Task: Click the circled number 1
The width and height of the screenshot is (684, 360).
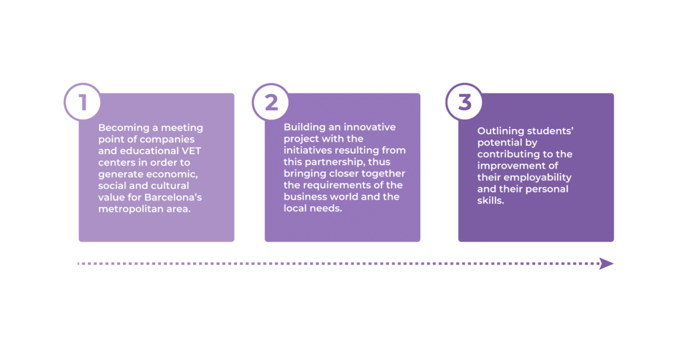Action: click(x=82, y=102)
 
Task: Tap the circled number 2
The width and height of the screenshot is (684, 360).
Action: click(x=271, y=102)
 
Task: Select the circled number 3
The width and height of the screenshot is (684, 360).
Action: click(x=465, y=102)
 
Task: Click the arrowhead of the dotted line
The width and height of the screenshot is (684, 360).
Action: click(x=607, y=264)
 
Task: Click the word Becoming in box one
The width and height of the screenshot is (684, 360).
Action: click(x=123, y=128)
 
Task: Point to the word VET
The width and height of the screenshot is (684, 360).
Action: click(x=191, y=151)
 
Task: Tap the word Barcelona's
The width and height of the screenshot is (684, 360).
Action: click(x=173, y=197)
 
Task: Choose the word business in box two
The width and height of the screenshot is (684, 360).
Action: click(x=305, y=196)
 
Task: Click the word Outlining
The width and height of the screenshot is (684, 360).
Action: click(x=500, y=131)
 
